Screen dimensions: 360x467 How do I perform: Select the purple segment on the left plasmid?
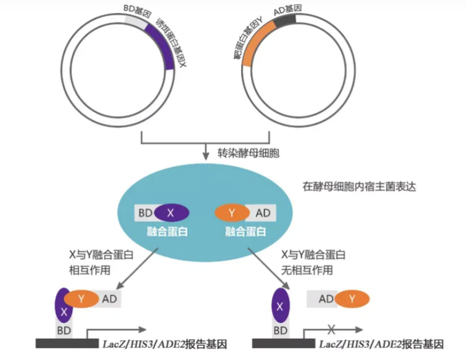click(x=164, y=42)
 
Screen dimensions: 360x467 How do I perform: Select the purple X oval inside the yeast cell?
click(x=171, y=213)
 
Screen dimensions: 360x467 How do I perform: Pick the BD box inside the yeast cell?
click(x=145, y=213)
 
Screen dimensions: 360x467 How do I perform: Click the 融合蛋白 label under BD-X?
click(x=160, y=232)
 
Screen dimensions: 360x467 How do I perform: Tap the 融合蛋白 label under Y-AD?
click(x=245, y=232)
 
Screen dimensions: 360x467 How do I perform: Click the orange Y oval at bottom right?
click(x=353, y=299)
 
